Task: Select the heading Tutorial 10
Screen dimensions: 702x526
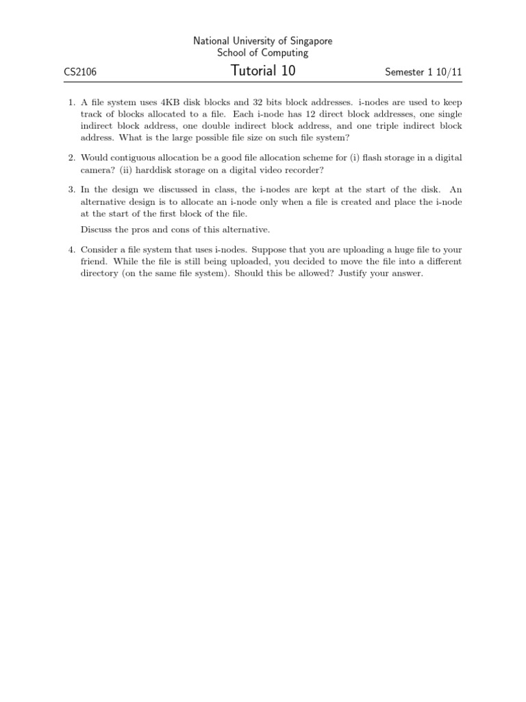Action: click(263, 71)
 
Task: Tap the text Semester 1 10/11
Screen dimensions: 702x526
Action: click(423, 72)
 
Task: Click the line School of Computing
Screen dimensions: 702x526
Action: click(263, 53)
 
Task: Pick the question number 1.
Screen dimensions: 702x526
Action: click(71, 101)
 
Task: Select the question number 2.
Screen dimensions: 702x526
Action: click(71, 158)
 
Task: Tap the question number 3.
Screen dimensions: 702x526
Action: click(71, 189)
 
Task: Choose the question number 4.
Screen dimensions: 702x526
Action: click(71, 250)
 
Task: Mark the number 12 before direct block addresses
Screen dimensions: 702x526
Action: click(296, 114)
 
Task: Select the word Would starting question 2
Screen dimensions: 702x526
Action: click(95, 158)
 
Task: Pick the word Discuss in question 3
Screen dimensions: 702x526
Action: click(97, 229)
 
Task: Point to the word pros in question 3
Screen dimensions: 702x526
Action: click(145, 229)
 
